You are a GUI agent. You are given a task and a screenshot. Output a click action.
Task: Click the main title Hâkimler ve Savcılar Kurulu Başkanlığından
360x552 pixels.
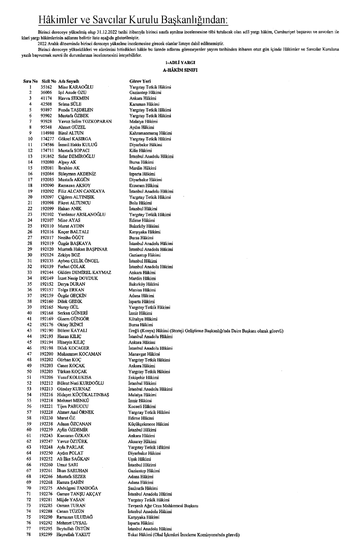point(134,20)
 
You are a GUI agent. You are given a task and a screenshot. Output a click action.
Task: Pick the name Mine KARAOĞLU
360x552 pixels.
point(75,86)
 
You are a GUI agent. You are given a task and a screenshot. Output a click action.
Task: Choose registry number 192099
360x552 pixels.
point(47,209)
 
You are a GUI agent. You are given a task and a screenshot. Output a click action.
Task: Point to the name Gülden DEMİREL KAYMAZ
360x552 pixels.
point(84,273)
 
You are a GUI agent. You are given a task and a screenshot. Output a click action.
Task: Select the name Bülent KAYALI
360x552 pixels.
point(75,330)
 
